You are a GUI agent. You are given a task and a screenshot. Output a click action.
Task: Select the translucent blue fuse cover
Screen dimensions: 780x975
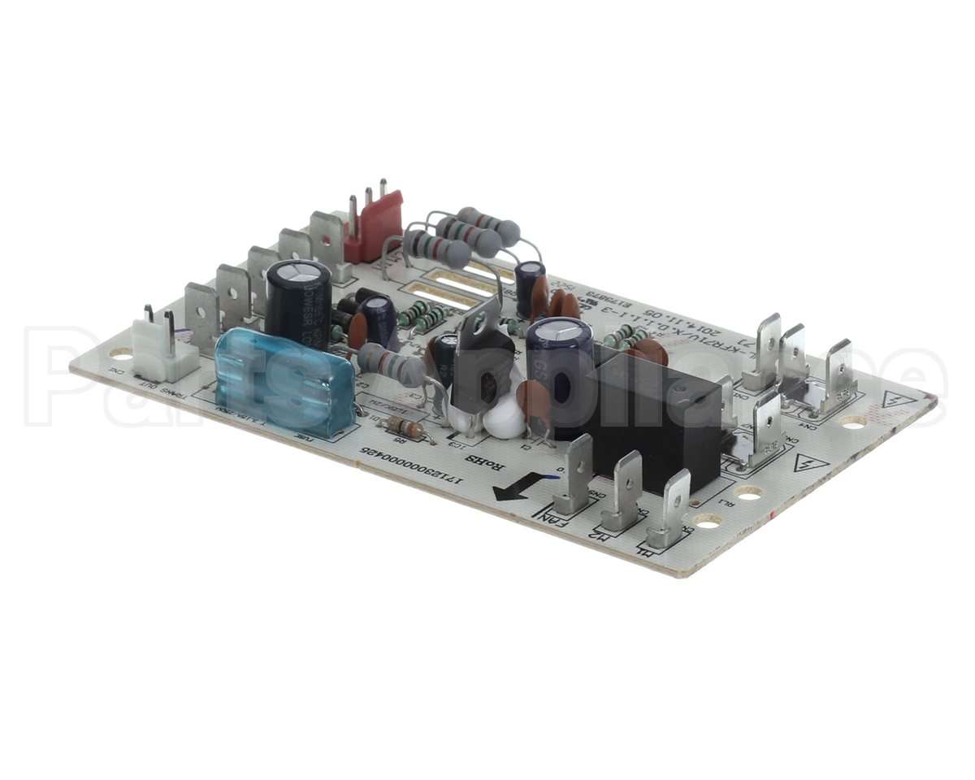(284, 382)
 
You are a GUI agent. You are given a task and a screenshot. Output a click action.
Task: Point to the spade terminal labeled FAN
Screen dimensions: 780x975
(576, 478)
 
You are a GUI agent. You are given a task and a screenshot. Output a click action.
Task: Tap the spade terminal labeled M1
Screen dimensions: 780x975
(671, 512)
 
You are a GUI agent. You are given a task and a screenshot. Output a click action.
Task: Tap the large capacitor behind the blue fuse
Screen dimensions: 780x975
(298, 304)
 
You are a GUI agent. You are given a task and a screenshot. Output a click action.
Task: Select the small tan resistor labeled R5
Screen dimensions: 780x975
(403, 427)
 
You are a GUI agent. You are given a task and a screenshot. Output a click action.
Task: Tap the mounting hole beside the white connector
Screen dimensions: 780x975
(121, 354)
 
